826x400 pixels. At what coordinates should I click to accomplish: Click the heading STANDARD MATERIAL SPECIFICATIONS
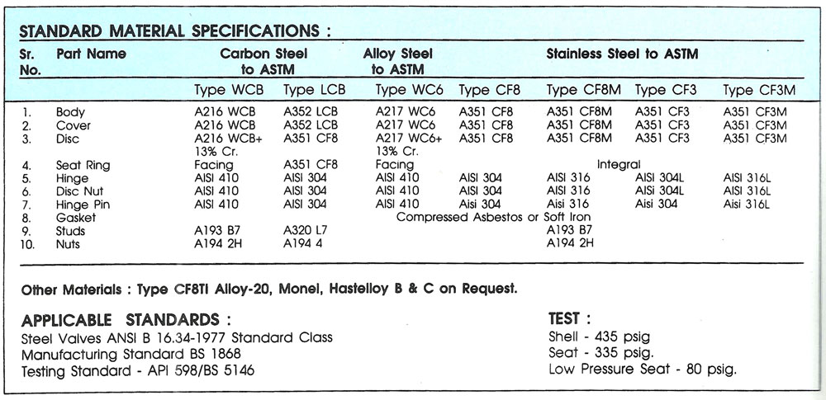tap(174, 31)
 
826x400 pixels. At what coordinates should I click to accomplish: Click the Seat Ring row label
tap(83, 165)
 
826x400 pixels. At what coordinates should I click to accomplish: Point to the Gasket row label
tap(76, 218)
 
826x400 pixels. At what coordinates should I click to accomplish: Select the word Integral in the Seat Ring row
tap(619, 165)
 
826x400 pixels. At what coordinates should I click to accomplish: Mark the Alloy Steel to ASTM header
tap(398, 62)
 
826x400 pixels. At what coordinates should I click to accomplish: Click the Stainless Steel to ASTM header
tap(622, 54)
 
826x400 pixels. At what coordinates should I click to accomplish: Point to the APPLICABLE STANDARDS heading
tap(126, 320)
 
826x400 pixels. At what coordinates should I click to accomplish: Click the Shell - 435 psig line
tap(599, 337)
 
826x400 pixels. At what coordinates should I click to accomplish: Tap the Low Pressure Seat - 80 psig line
tap(642, 369)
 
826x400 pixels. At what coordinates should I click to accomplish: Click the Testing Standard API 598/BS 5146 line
tap(137, 370)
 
